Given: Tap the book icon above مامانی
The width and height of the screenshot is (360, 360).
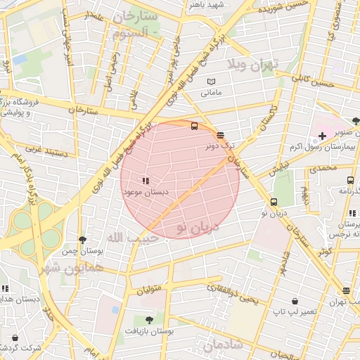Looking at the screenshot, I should (212, 82).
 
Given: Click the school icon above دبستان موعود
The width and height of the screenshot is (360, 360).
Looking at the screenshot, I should (146, 181).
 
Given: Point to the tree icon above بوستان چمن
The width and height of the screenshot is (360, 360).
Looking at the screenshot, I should (83, 240).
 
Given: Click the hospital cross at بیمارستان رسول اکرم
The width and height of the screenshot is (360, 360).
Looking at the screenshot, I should (322, 135).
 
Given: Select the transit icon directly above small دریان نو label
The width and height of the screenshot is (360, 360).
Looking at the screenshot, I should (274, 202).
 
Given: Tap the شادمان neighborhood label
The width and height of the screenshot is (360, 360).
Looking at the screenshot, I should (223, 345).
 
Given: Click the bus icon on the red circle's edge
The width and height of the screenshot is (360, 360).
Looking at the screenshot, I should (194, 126).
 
